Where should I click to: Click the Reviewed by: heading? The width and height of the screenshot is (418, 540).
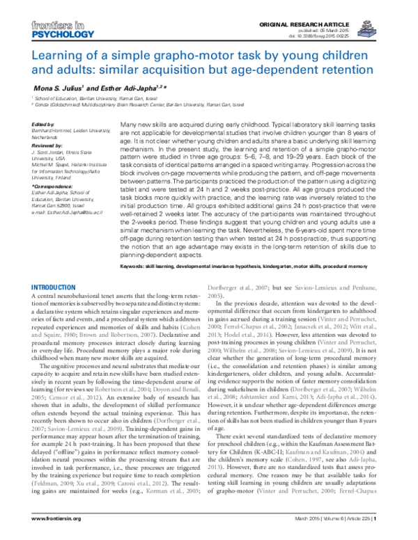coord(47,145)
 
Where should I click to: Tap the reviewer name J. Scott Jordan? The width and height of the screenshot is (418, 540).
coord(47,152)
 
